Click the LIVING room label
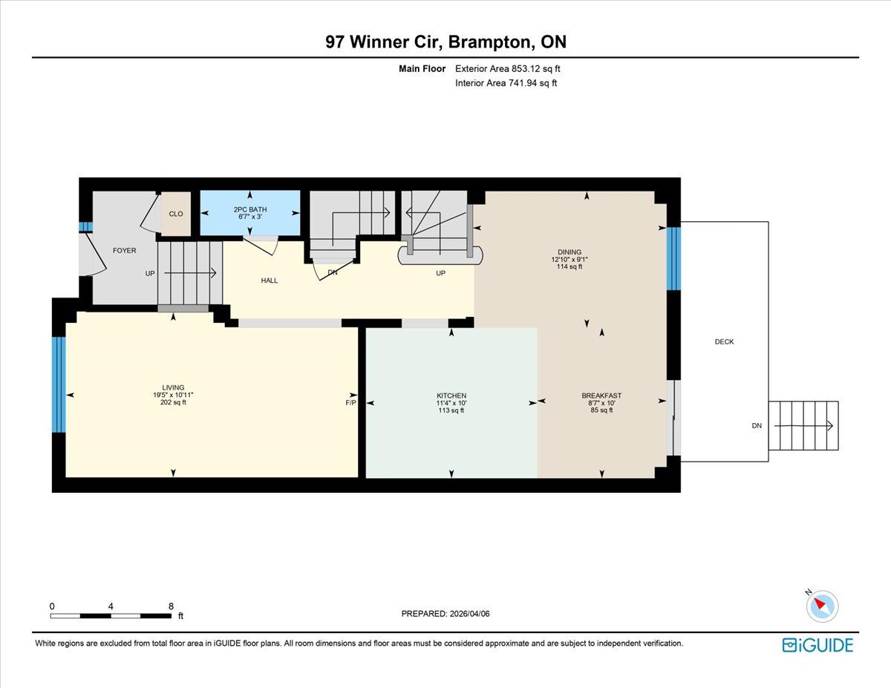[173, 387]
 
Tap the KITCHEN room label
[451, 396]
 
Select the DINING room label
[569, 252]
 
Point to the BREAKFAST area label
[601, 396]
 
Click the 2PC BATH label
[250, 209]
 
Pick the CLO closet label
[176, 214]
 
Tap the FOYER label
[124, 250]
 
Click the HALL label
[270, 281]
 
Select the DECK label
[724, 341]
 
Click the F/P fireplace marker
[350, 403]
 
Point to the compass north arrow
[820, 603]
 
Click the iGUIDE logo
[817, 645]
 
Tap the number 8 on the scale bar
[171, 606]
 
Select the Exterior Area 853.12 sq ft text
[508, 68]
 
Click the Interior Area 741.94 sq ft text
[506, 83]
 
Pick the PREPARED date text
[446, 614]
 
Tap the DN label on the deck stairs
[757, 426]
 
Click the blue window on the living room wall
[59, 384]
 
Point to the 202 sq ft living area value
[173, 402]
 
